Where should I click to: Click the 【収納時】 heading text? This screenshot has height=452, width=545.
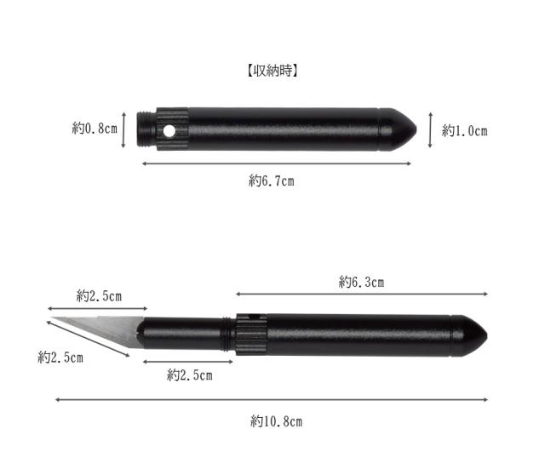(272, 71)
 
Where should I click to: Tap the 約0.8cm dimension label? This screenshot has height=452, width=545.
(95, 129)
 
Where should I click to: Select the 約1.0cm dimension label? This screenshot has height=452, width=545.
(464, 131)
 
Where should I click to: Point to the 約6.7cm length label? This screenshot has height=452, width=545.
(272, 180)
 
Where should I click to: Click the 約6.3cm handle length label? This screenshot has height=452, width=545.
(361, 282)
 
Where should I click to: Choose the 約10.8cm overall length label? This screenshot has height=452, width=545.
(276, 421)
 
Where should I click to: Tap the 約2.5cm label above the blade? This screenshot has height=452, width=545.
(99, 296)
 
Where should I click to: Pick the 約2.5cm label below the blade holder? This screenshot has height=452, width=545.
(190, 375)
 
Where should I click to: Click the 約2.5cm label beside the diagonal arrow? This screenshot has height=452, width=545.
(60, 358)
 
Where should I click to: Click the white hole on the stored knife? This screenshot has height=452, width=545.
(169, 131)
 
